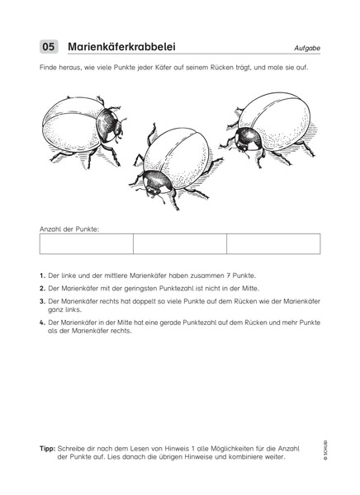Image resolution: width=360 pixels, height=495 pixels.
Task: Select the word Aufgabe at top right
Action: [x=306, y=48]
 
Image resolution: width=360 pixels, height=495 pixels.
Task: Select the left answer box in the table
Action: [x=86, y=243]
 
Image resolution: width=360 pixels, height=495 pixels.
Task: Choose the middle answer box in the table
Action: [x=179, y=243]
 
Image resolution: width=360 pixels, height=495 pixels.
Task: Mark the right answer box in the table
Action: [x=273, y=243]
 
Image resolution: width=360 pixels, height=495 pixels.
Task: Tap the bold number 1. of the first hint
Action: [x=42, y=275]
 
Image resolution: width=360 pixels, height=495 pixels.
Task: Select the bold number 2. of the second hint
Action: [x=42, y=288]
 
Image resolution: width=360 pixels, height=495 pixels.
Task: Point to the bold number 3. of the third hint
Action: [x=42, y=302]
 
